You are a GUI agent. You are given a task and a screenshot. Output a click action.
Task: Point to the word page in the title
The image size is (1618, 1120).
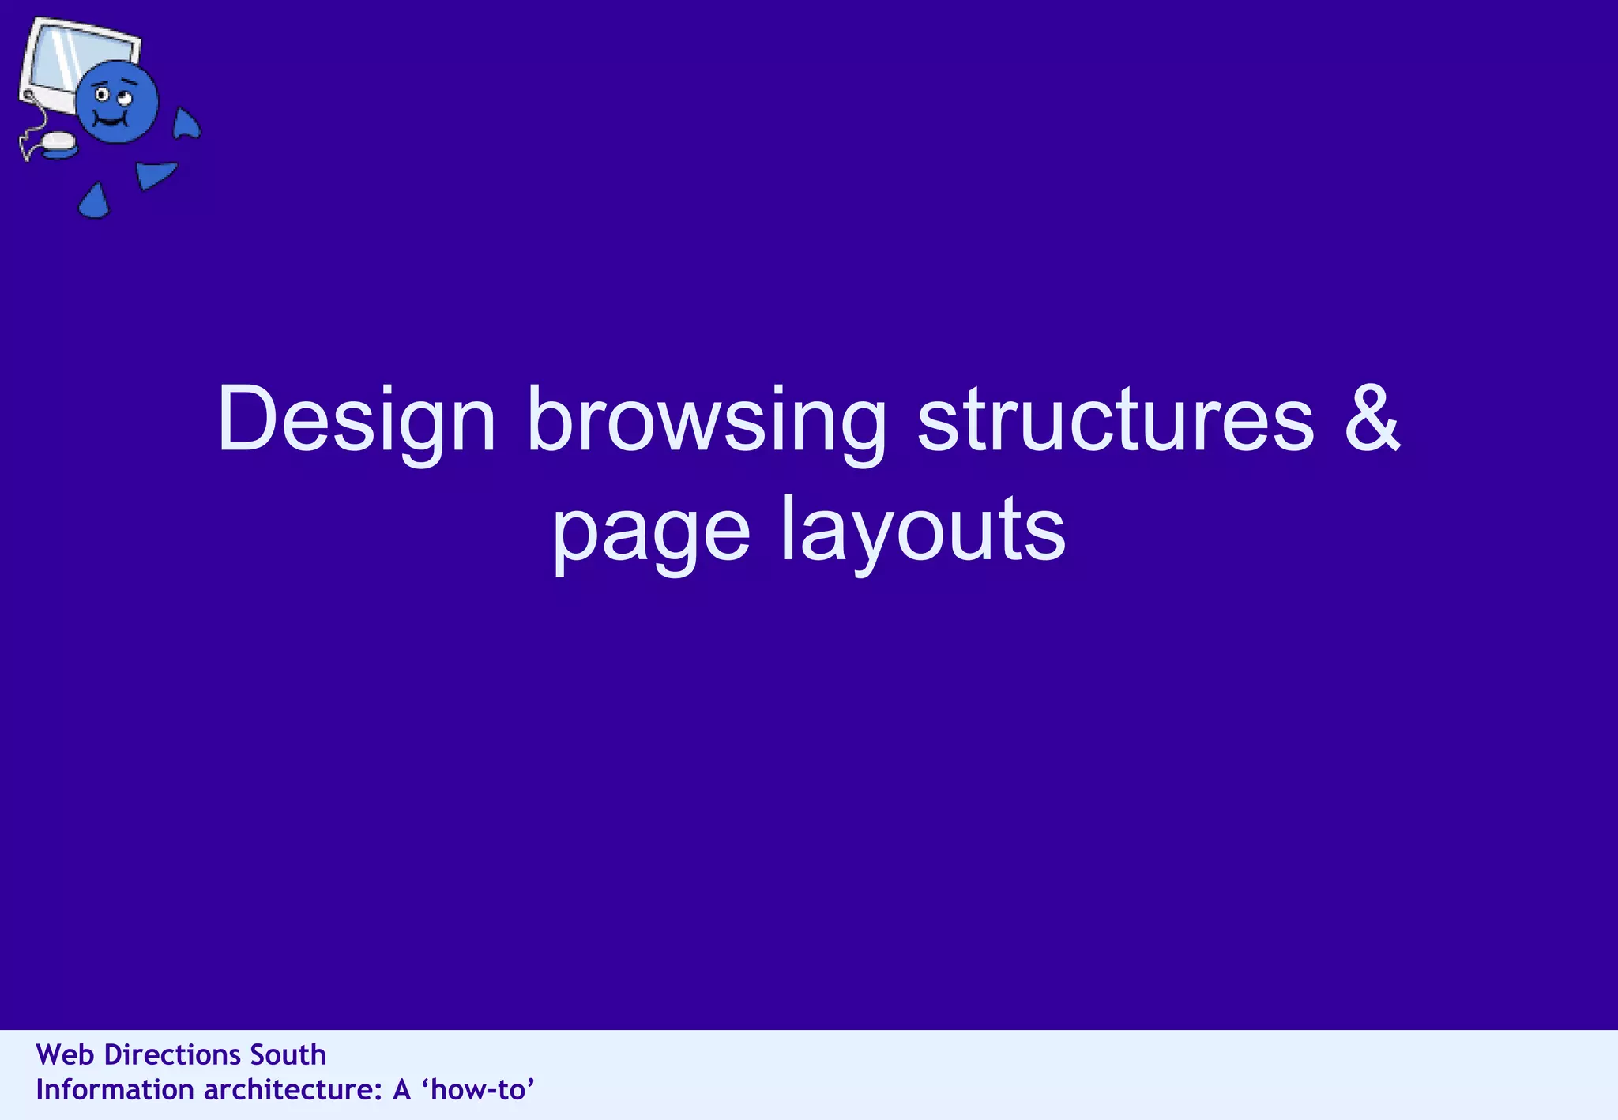coord(650,529)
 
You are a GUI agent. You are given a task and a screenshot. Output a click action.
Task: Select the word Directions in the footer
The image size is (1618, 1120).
coord(173,1055)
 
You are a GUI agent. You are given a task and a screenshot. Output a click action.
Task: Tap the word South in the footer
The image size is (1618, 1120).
coord(288,1055)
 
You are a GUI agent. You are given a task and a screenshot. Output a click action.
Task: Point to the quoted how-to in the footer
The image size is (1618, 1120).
coord(479,1090)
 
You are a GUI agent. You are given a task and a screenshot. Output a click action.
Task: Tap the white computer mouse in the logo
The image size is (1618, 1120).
coord(58,141)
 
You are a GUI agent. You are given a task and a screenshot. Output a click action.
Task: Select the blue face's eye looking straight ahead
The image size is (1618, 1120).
coord(103,96)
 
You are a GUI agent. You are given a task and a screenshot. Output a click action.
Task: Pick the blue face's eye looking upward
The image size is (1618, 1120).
coord(124,100)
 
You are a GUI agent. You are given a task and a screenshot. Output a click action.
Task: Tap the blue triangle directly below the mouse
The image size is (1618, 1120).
coord(95,202)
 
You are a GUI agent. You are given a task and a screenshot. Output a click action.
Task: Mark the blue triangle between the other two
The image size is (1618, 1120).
coord(154,174)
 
